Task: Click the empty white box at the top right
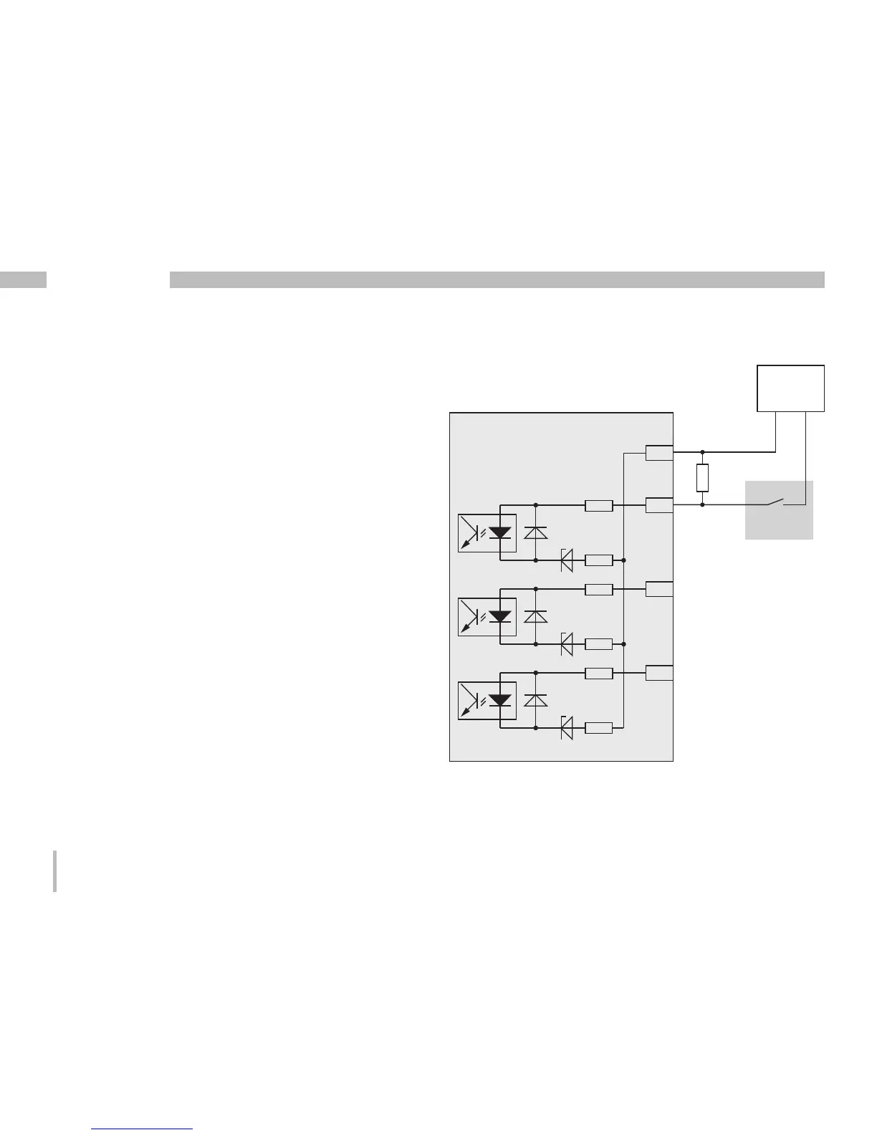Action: pos(790,388)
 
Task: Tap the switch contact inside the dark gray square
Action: pos(777,502)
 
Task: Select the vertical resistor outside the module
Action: pos(702,478)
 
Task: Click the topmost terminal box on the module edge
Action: pos(658,453)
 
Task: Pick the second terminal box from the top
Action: pos(658,505)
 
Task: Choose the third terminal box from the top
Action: pos(658,589)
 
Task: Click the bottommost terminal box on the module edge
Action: pos(658,673)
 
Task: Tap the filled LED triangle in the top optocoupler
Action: pos(499,532)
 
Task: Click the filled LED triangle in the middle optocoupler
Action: pos(499,616)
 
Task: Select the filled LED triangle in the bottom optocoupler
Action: pos(499,700)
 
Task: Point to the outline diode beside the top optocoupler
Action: pos(536,532)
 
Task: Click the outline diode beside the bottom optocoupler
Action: pos(536,700)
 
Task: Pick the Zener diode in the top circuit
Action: pos(566,560)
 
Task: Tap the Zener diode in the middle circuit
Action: pos(566,643)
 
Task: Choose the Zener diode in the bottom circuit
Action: pos(566,728)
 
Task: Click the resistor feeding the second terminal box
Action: pos(598,505)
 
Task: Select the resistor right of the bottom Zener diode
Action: pos(598,728)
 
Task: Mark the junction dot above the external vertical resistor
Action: pos(702,452)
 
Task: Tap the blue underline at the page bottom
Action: pos(143,1129)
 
